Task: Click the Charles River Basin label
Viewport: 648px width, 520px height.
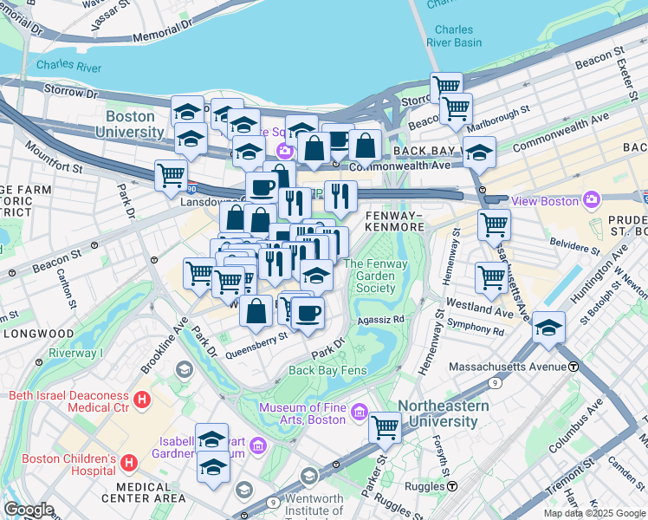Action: (x=454, y=36)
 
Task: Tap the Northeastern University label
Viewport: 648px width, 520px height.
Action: (x=443, y=413)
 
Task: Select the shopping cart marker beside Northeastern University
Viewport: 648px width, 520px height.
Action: (x=385, y=427)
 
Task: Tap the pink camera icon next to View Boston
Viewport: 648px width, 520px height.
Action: (x=592, y=200)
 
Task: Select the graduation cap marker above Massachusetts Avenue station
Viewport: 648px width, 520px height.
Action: (x=548, y=327)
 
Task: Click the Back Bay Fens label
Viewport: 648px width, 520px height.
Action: (x=328, y=370)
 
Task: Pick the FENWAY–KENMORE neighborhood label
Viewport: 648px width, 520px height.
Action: (x=394, y=220)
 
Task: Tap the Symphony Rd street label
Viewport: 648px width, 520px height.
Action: (x=475, y=331)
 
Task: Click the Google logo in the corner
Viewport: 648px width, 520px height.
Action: (x=29, y=510)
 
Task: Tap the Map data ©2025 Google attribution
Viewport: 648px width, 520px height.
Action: (x=593, y=513)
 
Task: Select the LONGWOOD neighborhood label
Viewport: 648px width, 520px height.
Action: (x=37, y=333)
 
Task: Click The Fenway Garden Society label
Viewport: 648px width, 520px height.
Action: (x=370, y=276)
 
